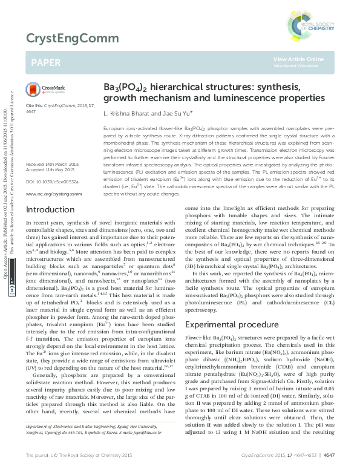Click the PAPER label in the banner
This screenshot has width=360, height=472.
point(45,62)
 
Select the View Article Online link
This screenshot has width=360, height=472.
point(298,59)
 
